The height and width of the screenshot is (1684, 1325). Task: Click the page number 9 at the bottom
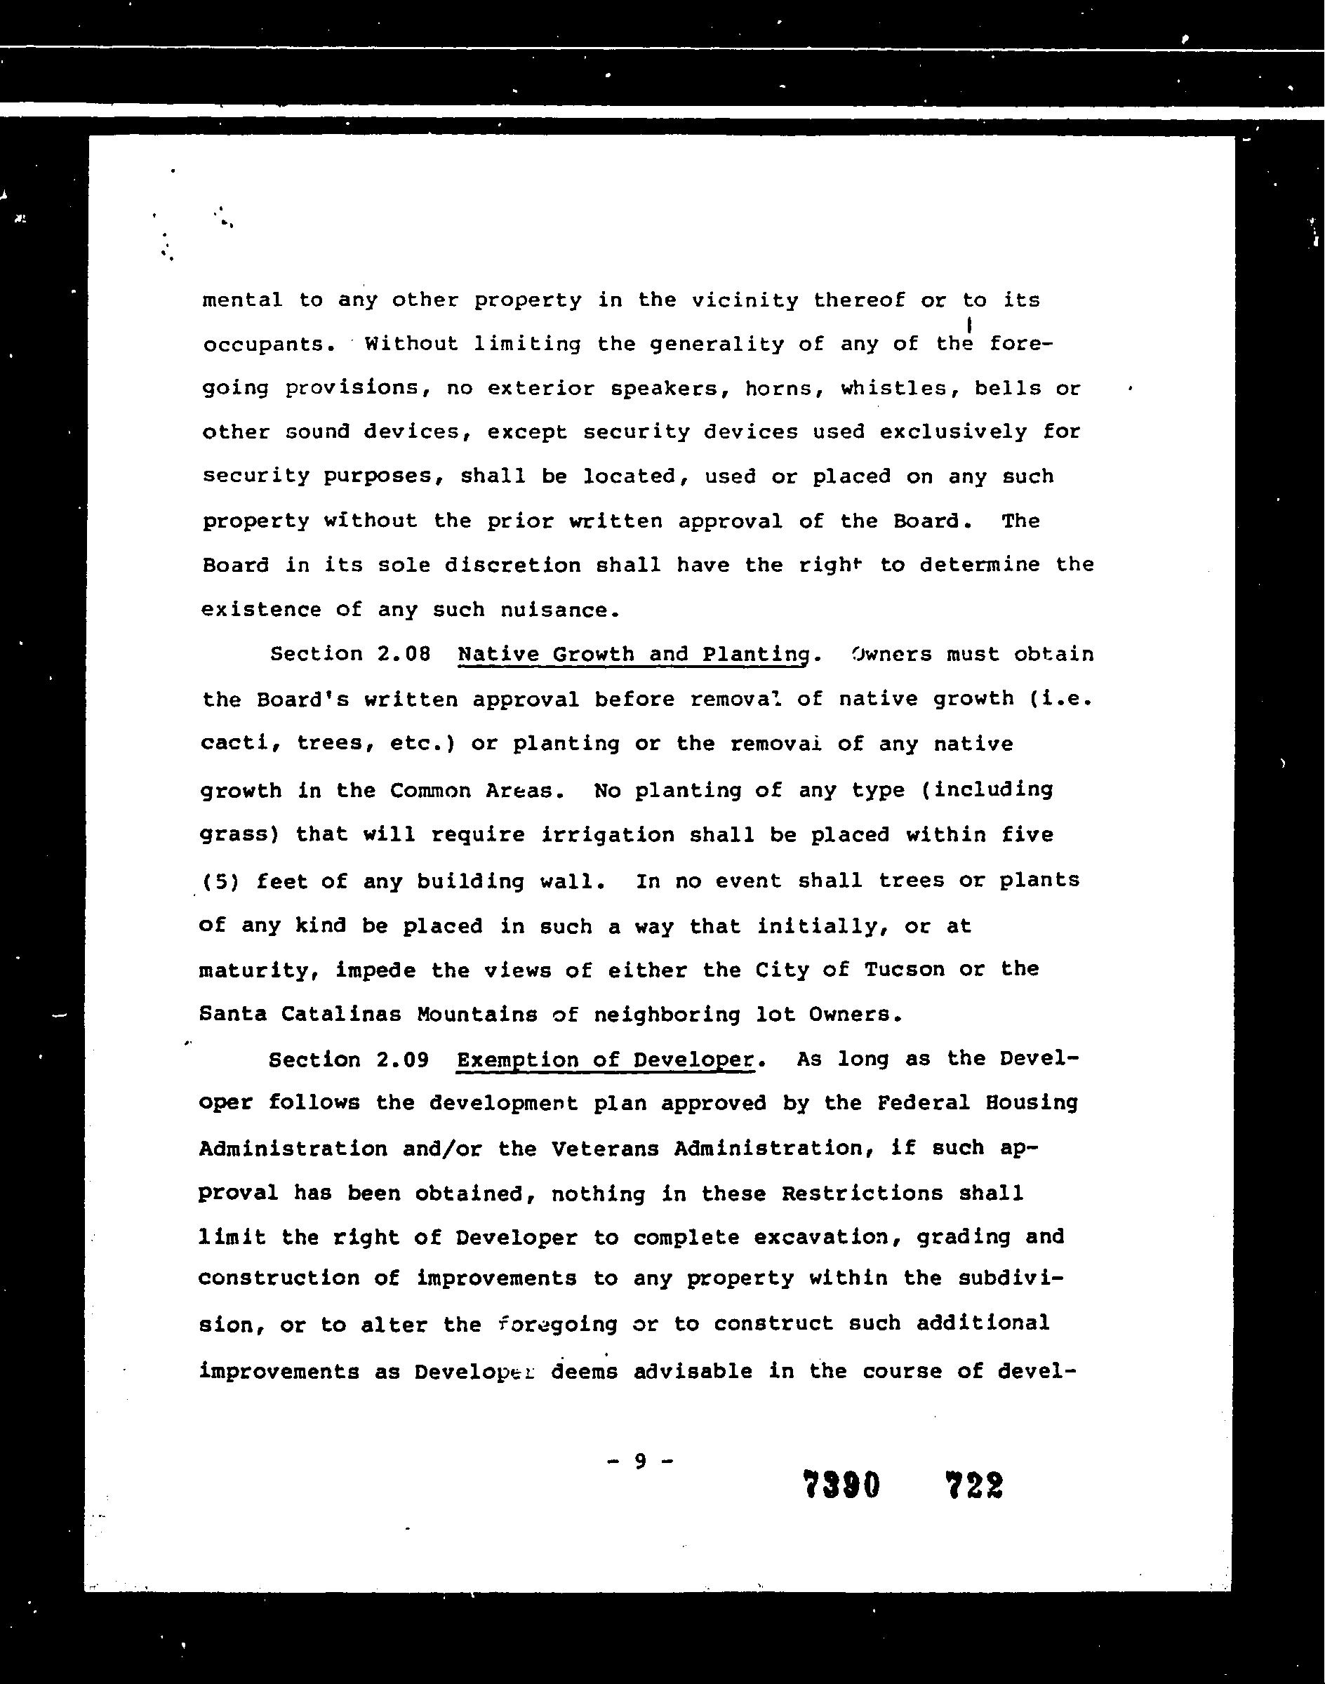tap(640, 1462)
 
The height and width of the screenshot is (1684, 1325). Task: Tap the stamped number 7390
tap(841, 1485)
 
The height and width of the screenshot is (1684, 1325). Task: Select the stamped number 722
tap(974, 1485)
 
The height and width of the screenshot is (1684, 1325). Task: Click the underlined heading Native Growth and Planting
tap(634, 655)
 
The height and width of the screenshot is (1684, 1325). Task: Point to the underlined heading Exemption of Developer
tap(605, 1060)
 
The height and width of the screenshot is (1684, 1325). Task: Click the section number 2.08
tap(404, 654)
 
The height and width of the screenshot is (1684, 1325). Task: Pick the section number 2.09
tap(402, 1060)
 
